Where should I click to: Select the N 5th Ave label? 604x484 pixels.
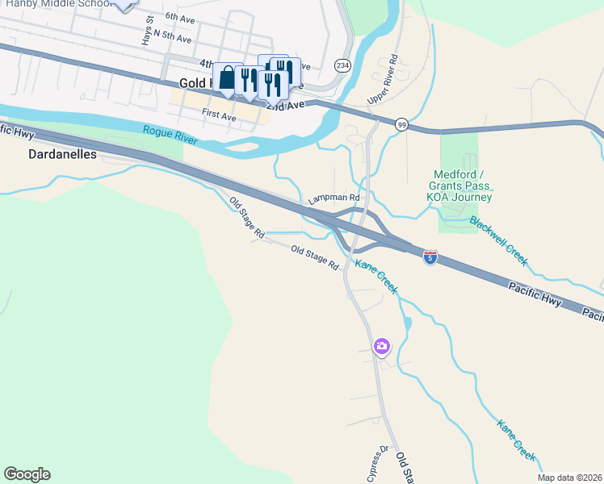coord(171,36)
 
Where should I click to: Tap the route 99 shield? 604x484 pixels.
coord(401,124)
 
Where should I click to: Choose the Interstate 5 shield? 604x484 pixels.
coord(430,257)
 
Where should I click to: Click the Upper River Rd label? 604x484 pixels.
coord(384,79)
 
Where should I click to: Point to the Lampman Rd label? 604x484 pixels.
coord(333,198)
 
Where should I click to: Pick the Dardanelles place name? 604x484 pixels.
coord(62,153)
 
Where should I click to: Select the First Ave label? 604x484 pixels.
coord(219,115)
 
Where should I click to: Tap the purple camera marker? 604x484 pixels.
coord(382,347)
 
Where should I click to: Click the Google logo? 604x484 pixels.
coord(27,474)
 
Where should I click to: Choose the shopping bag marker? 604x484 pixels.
coord(228,78)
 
